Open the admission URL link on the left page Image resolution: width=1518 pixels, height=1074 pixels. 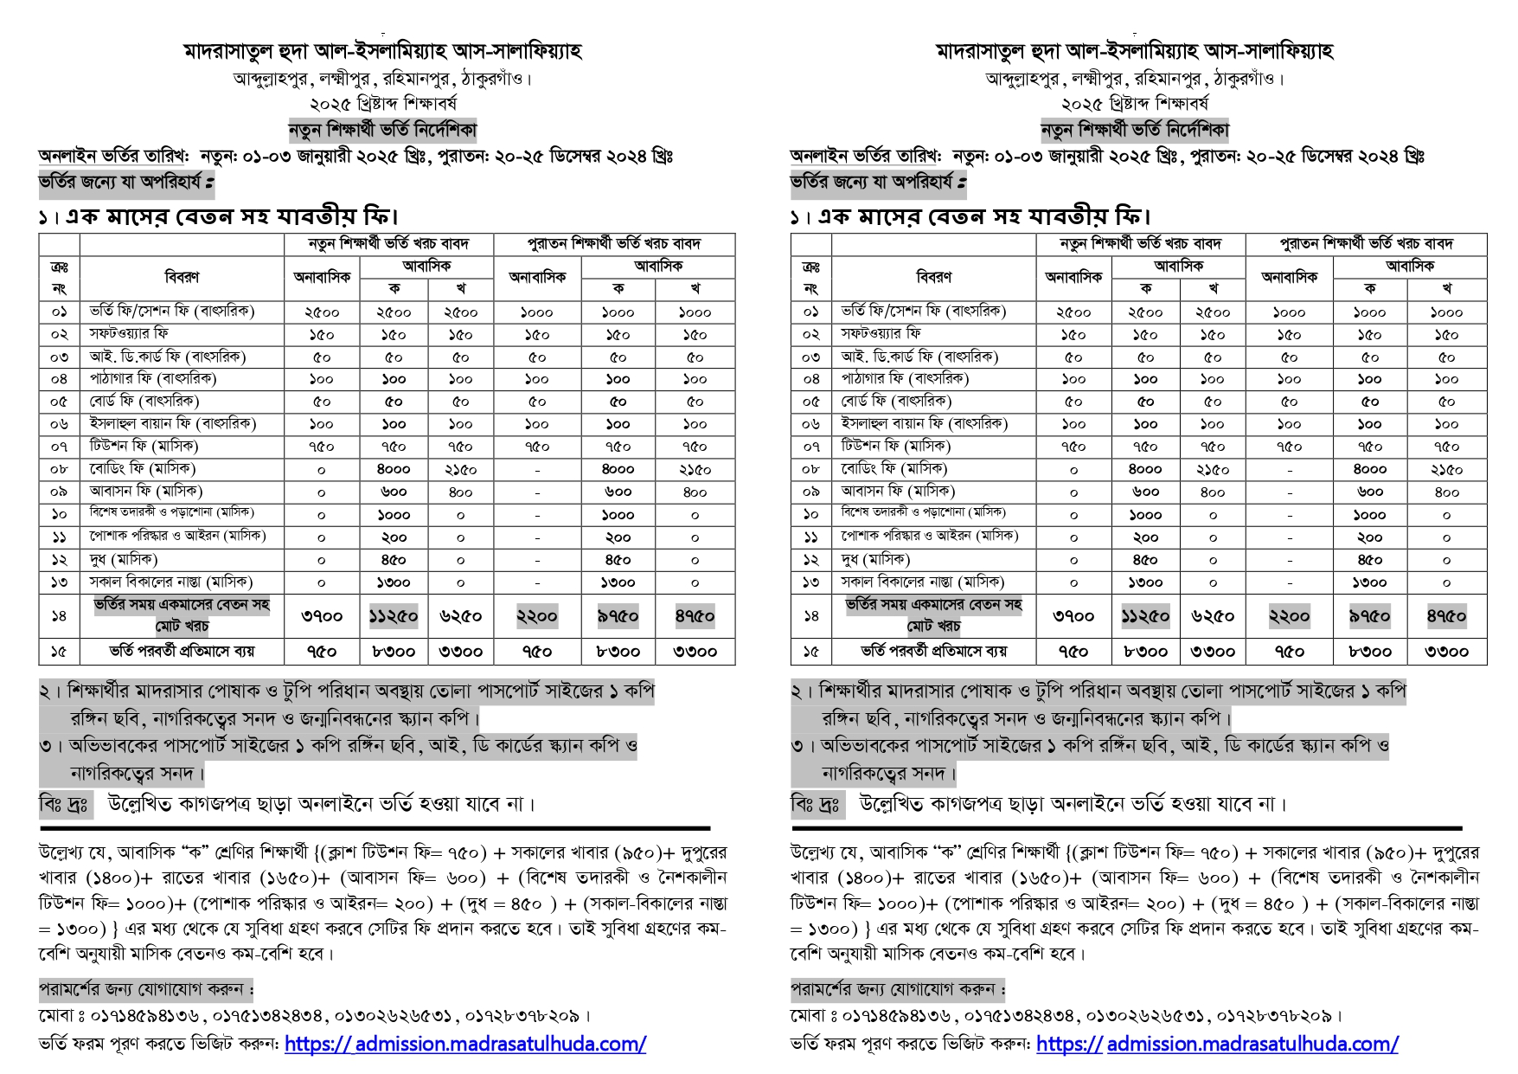coord(464,1044)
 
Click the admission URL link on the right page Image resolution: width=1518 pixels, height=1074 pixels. coord(1217,1044)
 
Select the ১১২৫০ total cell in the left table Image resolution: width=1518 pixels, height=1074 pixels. coord(393,616)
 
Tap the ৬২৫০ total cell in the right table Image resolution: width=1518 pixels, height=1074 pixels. coord(1213,616)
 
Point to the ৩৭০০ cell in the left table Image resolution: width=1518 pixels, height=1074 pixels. coord(321,616)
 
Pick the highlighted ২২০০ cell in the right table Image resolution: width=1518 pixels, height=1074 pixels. coord(1289,616)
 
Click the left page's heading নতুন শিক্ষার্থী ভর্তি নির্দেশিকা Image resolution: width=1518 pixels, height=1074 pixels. coord(382,131)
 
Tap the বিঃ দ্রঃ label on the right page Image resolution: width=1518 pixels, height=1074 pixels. coord(815,804)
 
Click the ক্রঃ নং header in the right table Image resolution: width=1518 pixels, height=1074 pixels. coord(810,277)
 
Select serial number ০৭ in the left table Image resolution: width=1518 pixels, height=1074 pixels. coord(59,447)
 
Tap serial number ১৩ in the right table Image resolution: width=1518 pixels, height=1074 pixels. coord(810,582)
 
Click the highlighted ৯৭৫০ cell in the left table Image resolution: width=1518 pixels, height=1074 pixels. coord(618,616)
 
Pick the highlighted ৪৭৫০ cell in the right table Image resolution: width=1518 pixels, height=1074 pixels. coord(1446,616)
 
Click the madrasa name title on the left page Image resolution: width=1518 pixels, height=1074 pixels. coord(382,51)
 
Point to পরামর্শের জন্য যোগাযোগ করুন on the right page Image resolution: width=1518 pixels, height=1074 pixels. coord(898,988)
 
